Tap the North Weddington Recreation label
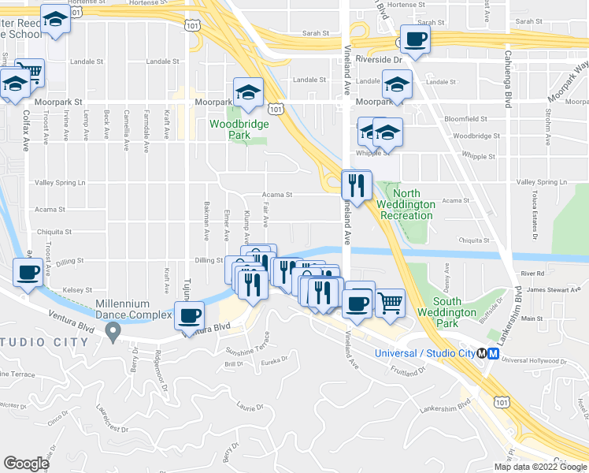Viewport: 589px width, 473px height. pos(406,204)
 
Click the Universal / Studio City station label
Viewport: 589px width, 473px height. pos(428,353)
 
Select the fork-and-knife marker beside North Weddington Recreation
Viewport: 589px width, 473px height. pos(356,186)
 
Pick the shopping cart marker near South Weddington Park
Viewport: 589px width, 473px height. pos(390,303)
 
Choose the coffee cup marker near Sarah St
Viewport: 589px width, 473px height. pos(415,39)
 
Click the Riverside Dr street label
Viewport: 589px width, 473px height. pos(378,59)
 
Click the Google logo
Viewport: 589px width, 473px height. pos(26,464)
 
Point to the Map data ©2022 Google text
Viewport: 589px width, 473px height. pos(539,467)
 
